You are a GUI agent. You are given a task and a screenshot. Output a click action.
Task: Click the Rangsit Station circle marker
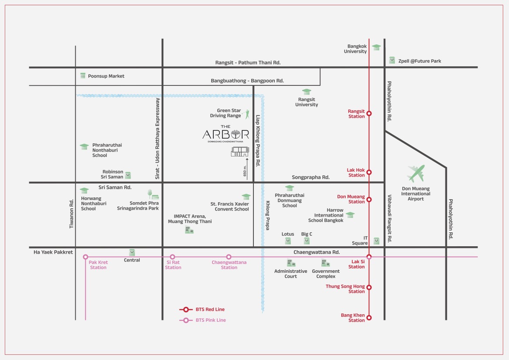(x=369, y=113)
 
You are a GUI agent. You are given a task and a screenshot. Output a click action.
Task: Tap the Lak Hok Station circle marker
(x=369, y=172)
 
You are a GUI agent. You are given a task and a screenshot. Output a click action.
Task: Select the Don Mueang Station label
(x=351, y=199)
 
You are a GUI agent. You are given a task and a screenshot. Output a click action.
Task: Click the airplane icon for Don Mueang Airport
(x=416, y=173)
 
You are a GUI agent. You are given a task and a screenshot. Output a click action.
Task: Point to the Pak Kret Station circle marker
(x=85, y=257)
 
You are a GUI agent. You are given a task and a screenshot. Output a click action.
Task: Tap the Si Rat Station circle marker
(x=172, y=257)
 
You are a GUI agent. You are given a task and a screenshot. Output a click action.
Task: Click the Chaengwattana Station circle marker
(x=229, y=257)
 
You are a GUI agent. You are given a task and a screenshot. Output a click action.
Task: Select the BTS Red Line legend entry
(x=202, y=309)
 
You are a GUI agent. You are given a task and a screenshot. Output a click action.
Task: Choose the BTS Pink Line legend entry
(x=202, y=320)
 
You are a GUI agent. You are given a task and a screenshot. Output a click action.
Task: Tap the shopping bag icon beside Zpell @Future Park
(x=392, y=60)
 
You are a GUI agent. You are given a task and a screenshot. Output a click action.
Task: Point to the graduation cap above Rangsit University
(x=307, y=92)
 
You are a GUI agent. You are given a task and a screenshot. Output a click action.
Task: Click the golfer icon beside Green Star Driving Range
(x=247, y=114)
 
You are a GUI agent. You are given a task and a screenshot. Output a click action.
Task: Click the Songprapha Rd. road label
(x=310, y=177)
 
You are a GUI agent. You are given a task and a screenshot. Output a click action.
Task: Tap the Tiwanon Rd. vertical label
(x=71, y=214)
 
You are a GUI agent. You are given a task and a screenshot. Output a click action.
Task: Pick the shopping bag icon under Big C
(x=307, y=241)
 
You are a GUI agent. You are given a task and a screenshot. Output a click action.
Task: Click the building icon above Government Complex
(x=325, y=262)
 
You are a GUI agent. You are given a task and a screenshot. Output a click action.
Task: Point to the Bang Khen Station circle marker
(x=369, y=317)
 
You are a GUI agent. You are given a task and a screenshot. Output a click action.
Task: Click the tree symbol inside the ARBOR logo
(x=236, y=134)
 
